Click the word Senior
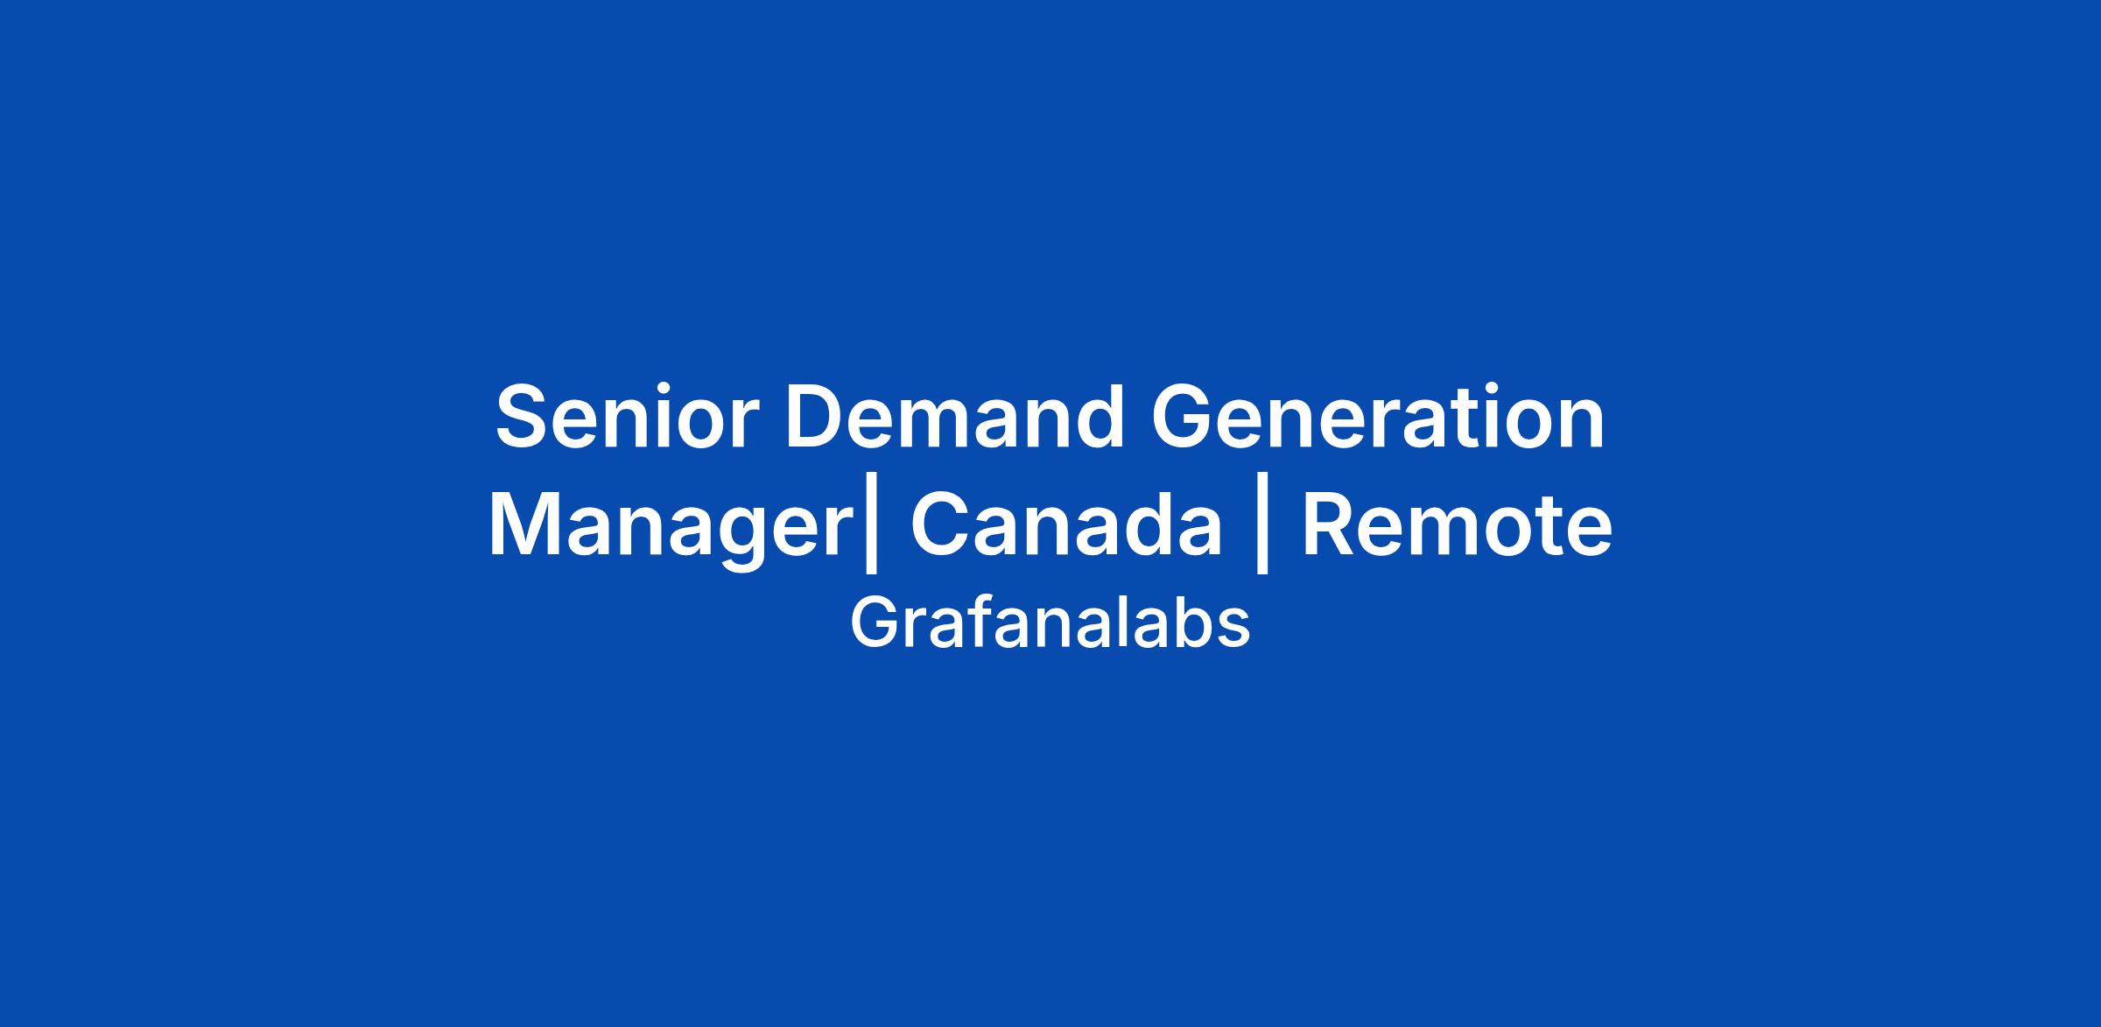point(622,417)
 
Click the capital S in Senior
point(523,417)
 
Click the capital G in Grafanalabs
point(873,623)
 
